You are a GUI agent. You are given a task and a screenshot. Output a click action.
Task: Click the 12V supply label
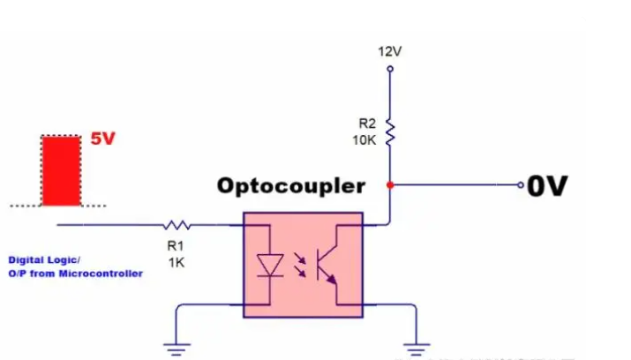[389, 51]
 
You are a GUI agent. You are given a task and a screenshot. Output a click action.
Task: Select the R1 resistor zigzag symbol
[176, 224]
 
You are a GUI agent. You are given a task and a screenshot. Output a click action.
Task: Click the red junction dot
[389, 185]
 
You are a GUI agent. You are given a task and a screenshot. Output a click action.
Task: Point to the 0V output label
[547, 186]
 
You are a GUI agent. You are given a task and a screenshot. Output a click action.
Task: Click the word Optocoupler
[290, 186]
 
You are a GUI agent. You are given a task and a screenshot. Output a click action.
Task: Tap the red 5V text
[103, 139]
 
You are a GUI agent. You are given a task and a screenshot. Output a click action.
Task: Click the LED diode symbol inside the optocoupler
[268, 263]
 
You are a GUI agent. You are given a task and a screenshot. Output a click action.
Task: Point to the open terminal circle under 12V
[389, 66]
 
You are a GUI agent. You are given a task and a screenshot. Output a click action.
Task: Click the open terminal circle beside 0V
[522, 185]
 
